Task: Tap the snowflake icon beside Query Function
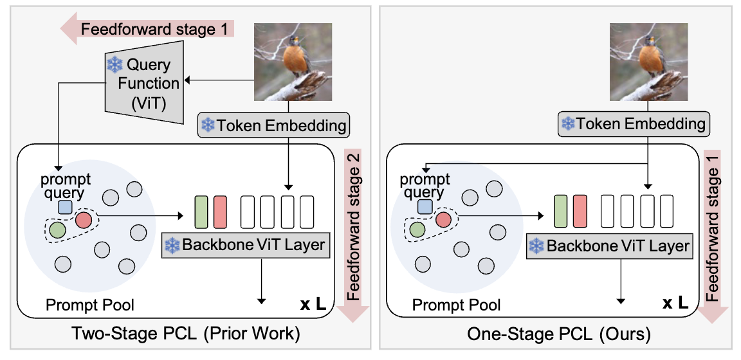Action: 114,64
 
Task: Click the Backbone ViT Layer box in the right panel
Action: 608,246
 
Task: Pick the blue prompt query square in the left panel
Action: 65,206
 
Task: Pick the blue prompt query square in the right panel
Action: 425,206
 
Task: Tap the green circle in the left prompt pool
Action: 58,229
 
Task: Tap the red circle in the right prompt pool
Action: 444,220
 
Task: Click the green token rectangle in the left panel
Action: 201,212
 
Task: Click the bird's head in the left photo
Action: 295,40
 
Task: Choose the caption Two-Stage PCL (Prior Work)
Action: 185,334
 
